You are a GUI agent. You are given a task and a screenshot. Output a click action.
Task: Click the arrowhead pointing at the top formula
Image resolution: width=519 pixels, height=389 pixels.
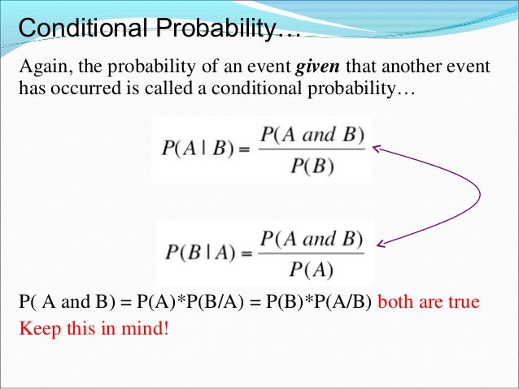[x=377, y=148]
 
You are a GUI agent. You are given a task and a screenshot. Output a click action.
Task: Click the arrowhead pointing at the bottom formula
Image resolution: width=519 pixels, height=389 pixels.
[x=381, y=244]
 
